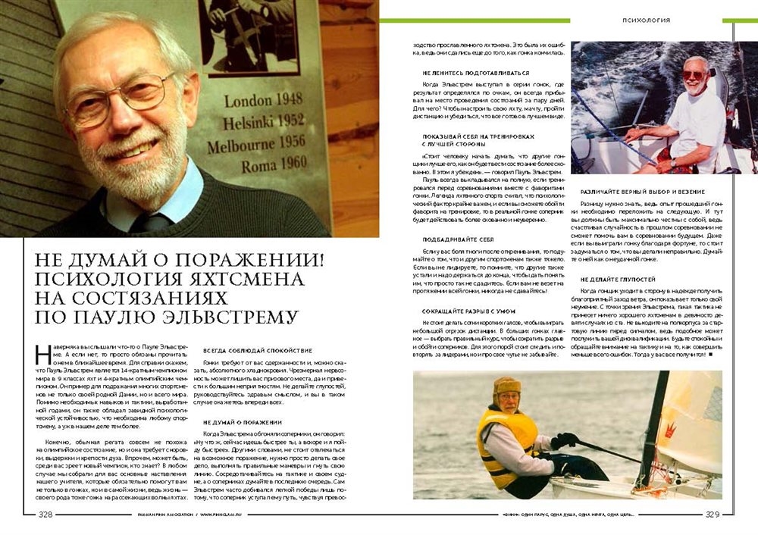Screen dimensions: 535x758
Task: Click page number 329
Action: click(x=713, y=515)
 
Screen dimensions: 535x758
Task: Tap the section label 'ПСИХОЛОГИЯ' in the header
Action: click(x=645, y=20)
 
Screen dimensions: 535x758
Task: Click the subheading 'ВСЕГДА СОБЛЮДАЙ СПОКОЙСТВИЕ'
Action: click(x=247, y=351)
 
